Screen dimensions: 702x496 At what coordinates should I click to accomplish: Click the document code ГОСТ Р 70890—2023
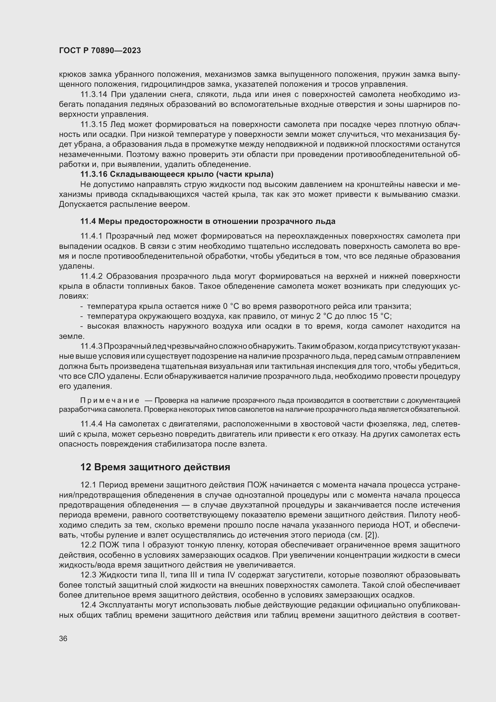[100, 50]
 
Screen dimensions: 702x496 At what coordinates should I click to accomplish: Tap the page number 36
[63, 638]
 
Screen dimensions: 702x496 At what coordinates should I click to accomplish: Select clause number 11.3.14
[94, 95]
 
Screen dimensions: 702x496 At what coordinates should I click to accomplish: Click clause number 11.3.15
[94, 125]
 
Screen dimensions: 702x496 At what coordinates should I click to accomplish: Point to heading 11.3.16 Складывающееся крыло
[177, 174]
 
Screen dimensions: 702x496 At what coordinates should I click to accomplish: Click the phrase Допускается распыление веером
[124, 204]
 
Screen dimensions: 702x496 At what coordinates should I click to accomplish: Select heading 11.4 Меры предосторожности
[208, 221]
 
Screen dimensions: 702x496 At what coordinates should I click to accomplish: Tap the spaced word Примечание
[110, 401]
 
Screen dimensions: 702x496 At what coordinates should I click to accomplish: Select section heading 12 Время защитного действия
[155, 467]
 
